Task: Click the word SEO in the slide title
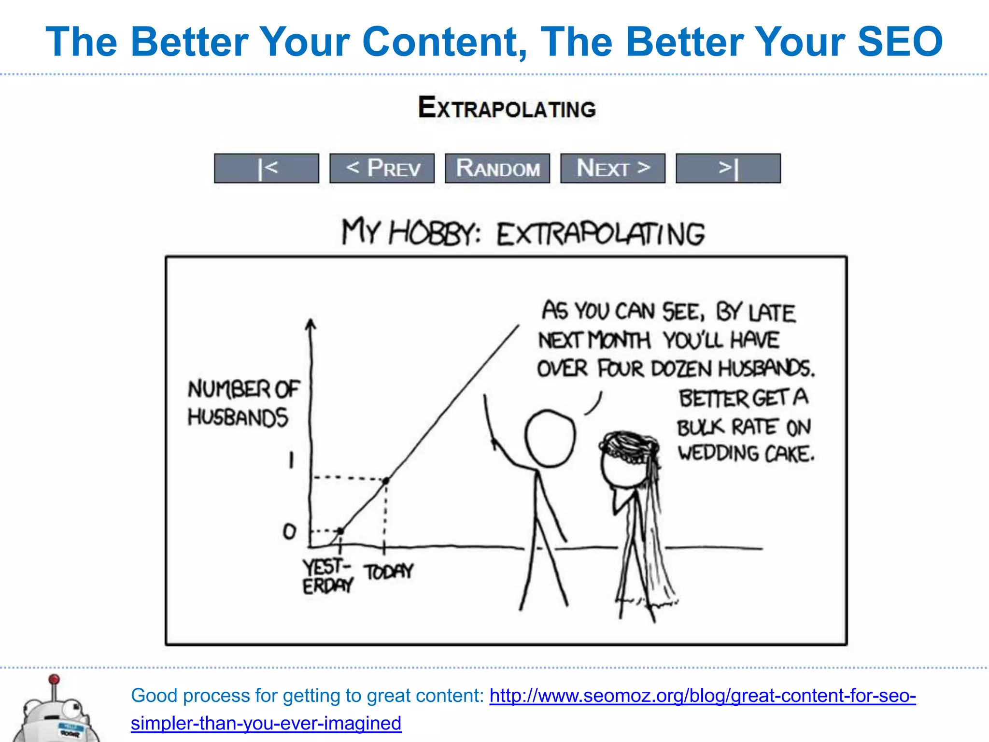click(900, 42)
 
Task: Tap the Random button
click(497, 168)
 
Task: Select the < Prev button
click(382, 168)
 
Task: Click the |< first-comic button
click(267, 168)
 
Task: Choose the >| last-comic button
click(728, 168)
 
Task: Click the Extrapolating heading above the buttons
click(507, 107)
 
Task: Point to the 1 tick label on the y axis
click(291, 460)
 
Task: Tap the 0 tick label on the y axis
click(289, 531)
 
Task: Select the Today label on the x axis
click(389, 572)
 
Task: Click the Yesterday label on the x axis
click(327, 576)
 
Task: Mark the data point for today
click(386, 481)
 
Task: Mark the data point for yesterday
click(340, 531)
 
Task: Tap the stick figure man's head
click(550, 439)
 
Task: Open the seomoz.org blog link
click(702, 696)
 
